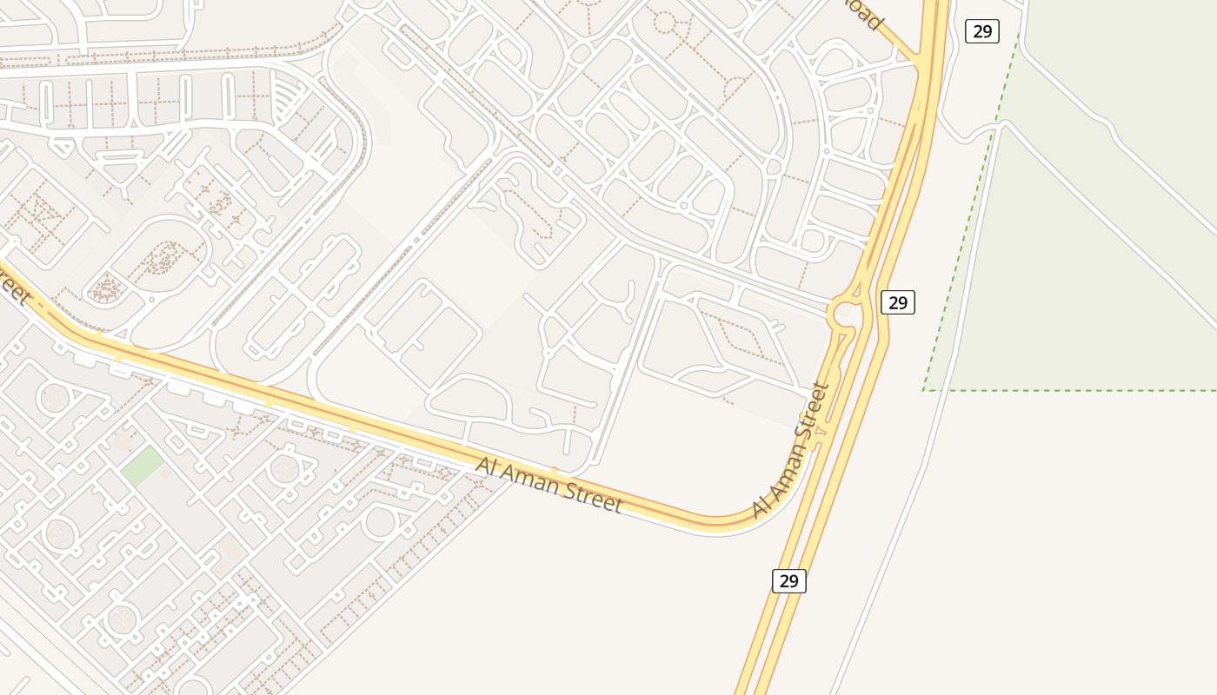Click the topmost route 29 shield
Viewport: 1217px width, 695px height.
(x=981, y=31)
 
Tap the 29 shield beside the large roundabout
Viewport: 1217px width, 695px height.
(x=898, y=302)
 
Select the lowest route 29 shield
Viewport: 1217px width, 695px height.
(x=788, y=580)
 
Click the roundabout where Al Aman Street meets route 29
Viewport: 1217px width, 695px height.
(x=843, y=312)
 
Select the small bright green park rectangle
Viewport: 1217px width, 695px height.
(x=142, y=467)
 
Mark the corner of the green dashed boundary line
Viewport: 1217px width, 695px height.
(x=924, y=390)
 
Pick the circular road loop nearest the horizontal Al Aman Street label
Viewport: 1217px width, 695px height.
(x=380, y=523)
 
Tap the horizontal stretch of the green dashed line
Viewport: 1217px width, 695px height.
(x=1069, y=390)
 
